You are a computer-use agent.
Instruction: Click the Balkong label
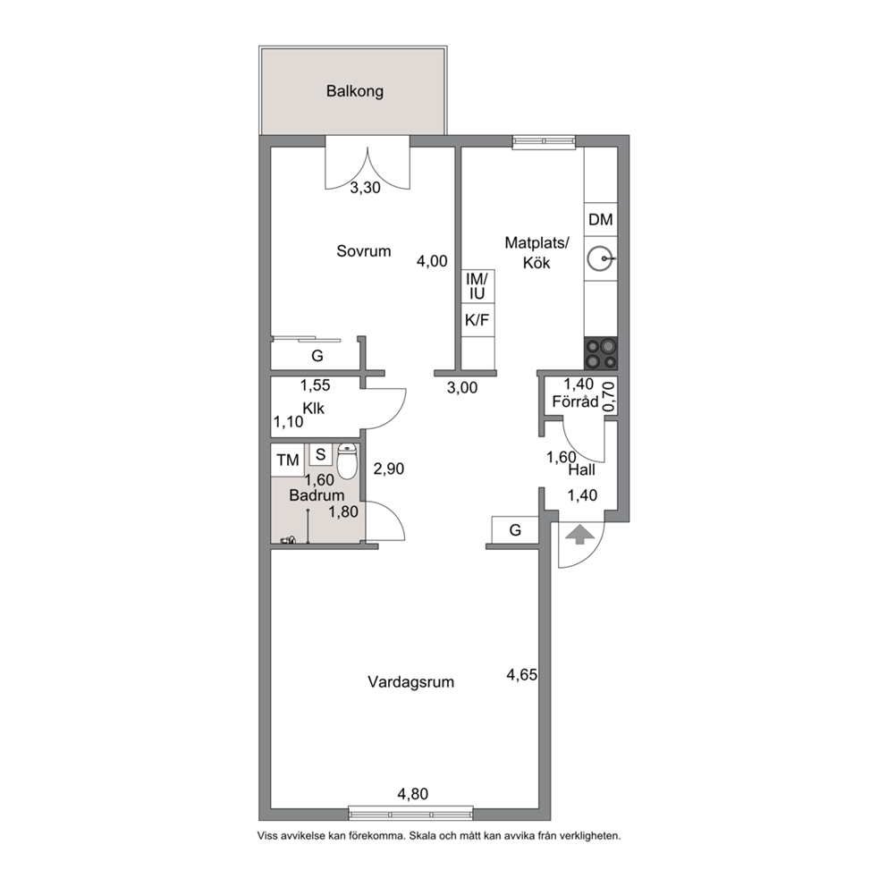355,91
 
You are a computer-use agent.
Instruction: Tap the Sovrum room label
363,251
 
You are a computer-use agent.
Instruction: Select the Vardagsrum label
410,682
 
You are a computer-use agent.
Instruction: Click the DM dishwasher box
601,219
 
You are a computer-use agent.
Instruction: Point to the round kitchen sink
600,259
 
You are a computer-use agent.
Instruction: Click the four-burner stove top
601,353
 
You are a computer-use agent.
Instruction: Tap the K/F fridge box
477,320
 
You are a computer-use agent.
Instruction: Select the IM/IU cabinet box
477,286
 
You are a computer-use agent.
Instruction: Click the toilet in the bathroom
346,460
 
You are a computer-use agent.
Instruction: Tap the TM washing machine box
287,460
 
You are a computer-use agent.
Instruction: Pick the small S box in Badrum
321,453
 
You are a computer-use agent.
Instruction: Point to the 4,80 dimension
412,794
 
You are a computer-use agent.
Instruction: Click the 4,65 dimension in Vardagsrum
521,675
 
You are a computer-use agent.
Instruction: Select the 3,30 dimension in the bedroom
365,188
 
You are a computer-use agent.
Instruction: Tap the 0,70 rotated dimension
609,396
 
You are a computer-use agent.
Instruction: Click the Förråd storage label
575,401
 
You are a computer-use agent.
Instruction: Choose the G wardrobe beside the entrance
515,530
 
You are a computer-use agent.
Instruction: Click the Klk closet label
313,409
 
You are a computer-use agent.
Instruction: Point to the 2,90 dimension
389,469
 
